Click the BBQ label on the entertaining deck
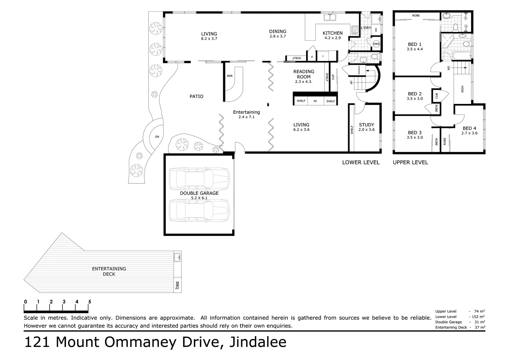coord(177,285)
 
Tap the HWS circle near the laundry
coord(376,44)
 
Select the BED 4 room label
coord(469,128)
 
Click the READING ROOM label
coord(303,74)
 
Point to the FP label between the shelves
coord(315,101)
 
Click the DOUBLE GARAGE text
coord(199,193)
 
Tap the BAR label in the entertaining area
coord(230,76)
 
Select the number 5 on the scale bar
coord(90,302)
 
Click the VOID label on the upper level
coord(462,89)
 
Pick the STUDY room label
coord(366,125)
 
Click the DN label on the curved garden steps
coord(157,137)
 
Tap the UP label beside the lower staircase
coord(351,82)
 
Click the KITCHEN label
coord(332,33)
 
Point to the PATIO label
coord(197,96)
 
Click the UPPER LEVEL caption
coord(410,162)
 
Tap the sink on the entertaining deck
coord(177,257)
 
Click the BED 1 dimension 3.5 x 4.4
coord(415,49)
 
